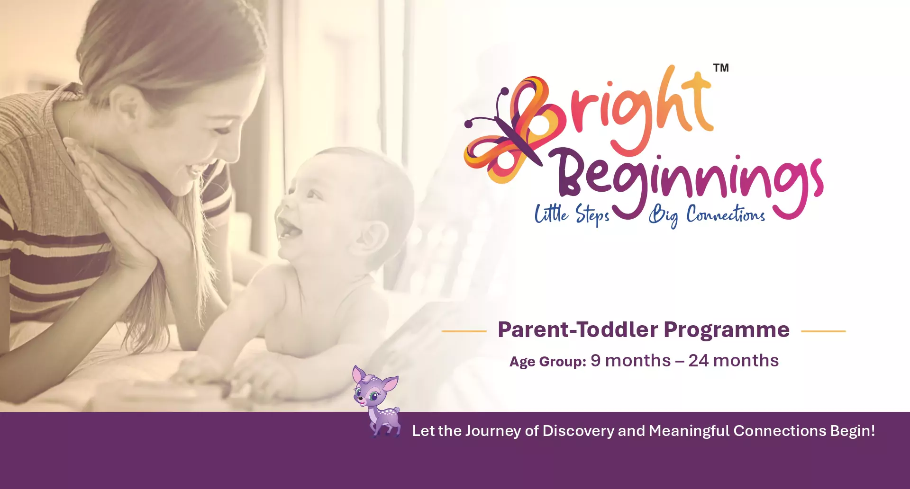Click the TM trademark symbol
[x=721, y=68]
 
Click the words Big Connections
[x=707, y=215]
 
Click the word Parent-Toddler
[x=578, y=329]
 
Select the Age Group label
[x=548, y=362]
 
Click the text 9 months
[x=630, y=361]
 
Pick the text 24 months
[x=734, y=361]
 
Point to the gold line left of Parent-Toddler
[x=464, y=331]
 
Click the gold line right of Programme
[x=823, y=331]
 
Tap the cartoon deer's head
[x=373, y=388]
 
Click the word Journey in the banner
[x=493, y=431]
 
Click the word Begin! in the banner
[x=853, y=431]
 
